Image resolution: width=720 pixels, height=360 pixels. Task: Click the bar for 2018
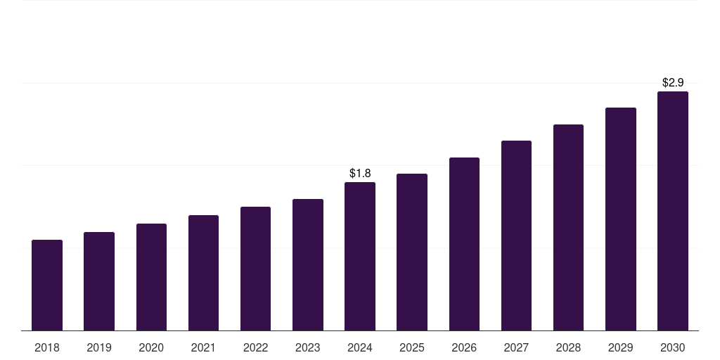point(47,285)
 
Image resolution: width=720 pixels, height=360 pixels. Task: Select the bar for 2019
point(99,281)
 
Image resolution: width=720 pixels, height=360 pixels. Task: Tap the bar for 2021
point(203,273)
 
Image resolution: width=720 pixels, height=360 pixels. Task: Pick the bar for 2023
point(308,264)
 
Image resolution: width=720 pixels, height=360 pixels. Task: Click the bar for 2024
point(360,256)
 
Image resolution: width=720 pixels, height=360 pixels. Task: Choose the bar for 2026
point(464,244)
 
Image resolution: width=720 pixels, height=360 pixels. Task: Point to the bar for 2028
point(568,227)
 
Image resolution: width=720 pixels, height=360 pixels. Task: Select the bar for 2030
point(673,211)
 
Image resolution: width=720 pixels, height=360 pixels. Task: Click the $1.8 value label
point(360,173)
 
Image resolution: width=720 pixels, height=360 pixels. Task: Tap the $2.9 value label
point(673,82)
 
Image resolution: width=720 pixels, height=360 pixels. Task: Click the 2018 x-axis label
point(47,347)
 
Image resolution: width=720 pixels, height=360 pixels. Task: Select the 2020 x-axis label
point(151,347)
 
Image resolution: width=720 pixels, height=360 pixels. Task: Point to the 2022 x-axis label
point(256,347)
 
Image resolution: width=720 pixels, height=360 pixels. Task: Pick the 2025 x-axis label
point(412,347)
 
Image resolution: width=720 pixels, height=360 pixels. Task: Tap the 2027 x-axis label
point(516,347)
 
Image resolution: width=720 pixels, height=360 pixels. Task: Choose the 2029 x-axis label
point(621,347)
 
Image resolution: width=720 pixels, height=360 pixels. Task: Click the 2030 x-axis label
point(673,347)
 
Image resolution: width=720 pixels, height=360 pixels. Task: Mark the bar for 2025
point(412,252)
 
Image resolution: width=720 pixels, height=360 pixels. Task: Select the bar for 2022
point(256,269)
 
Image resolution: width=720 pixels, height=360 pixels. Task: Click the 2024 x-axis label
point(360,347)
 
